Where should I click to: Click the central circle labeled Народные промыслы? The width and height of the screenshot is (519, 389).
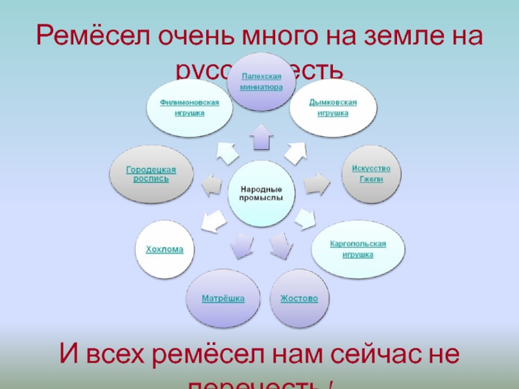[x=260, y=193]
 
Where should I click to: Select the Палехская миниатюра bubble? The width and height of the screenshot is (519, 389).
[x=258, y=82]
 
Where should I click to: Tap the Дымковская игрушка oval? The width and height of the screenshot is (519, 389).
[x=332, y=108]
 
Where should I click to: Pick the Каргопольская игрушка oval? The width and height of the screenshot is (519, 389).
[x=357, y=249]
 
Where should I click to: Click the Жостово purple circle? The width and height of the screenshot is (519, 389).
[x=298, y=299]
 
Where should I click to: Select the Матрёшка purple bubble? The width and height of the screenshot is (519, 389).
[x=223, y=299]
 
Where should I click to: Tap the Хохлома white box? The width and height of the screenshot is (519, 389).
[x=164, y=249]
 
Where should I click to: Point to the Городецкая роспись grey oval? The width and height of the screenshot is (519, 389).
[x=151, y=174]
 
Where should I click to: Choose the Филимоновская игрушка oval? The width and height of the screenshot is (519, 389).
[x=189, y=108]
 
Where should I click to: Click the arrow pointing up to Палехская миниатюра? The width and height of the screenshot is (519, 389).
[x=261, y=137]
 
